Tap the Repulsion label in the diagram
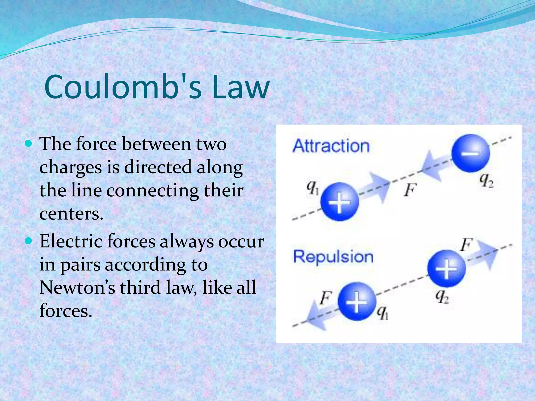333,256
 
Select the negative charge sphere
470,153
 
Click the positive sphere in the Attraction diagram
339,202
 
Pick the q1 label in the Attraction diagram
312,187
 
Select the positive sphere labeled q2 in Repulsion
446,268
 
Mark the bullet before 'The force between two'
28,144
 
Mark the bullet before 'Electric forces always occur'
28,241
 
